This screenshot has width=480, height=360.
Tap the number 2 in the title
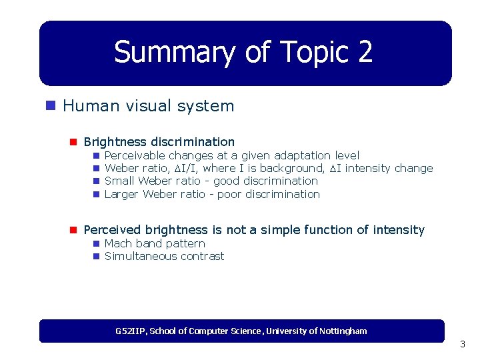coord(364,52)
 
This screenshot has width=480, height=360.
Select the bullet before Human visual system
coord(50,105)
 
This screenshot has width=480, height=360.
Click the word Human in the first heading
coord(86,105)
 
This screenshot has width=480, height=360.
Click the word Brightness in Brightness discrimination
coord(115,141)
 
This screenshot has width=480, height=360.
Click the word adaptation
coord(303,155)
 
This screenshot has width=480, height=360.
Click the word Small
coord(120,181)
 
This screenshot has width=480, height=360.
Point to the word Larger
coord(122,194)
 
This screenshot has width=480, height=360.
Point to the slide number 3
coord(462,345)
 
